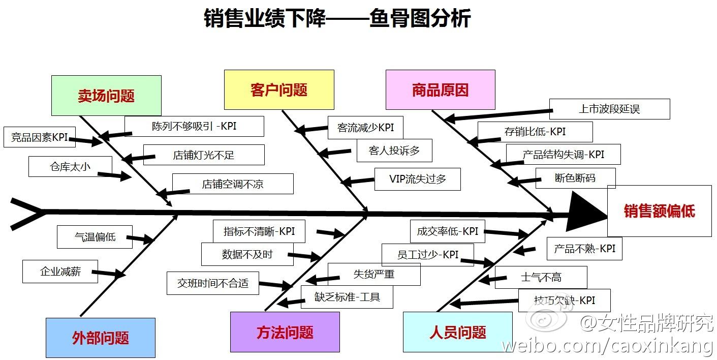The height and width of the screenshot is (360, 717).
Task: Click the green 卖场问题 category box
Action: click(x=106, y=96)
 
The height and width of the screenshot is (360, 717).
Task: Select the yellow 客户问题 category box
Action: click(x=279, y=90)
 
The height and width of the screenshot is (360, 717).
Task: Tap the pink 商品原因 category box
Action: click(x=440, y=90)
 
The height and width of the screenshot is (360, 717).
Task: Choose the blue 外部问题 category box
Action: click(x=101, y=338)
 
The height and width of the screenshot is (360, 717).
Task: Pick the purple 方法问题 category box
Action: click(x=285, y=332)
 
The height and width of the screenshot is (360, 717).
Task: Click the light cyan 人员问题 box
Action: click(x=457, y=332)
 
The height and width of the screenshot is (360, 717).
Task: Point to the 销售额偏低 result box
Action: click(x=659, y=211)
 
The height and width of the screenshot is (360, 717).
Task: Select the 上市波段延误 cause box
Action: click(x=609, y=109)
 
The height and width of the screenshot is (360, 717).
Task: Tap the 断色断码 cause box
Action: click(x=575, y=178)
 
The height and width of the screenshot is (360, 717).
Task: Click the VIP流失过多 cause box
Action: click(x=418, y=179)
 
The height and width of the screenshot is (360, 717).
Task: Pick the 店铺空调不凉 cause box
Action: click(x=233, y=184)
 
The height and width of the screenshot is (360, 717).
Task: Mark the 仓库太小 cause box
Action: click(x=70, y=166)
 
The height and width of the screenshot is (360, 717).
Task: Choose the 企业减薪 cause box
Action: click(x=60, y=272)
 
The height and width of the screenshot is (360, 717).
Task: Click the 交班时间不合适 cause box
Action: click(x=212, y=283)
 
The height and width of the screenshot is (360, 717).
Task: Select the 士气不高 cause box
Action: click(x=541, y=277)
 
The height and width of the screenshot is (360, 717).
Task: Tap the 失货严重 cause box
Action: click(x=374, y=274)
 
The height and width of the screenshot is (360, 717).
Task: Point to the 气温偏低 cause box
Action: click(x=95, y=237)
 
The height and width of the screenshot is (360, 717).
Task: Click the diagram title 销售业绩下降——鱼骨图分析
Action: click(x=337, y=18)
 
